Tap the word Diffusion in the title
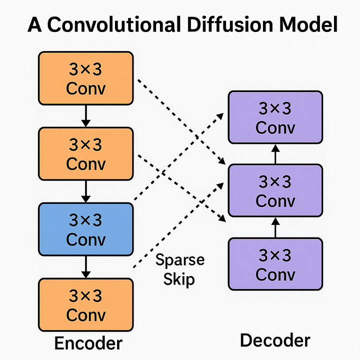click(x=232, y=24)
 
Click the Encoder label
click(x=87, y=343)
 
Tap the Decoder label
click(x=275, y=341)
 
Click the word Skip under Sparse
click(x=178, y=278)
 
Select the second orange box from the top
click(x=85, y=153)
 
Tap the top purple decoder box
click(x=274, y=118)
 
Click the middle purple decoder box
click(x=274, y=191)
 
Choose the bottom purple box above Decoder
click(x=274, y=264)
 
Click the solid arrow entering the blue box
click(x=85, y=191)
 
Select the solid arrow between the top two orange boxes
click(x=85, y=115)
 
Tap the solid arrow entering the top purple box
click(x=274, y=154)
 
